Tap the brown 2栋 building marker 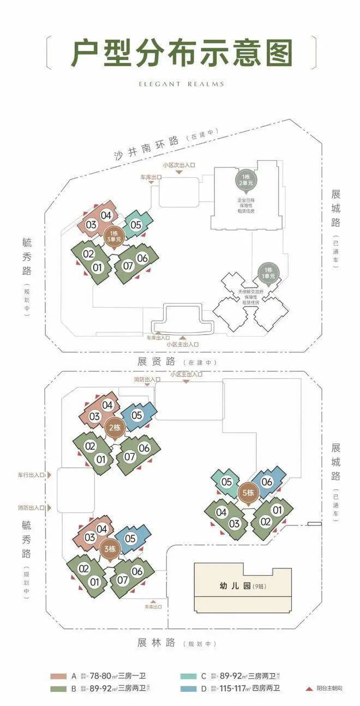115,428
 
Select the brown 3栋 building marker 108,549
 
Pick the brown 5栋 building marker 248,493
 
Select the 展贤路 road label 157,361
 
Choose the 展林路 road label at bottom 157,643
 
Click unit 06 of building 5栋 267,482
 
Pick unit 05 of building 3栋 131,539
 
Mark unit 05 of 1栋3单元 136,225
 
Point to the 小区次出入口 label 179,165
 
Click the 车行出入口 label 29,475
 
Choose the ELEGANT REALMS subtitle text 180,84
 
